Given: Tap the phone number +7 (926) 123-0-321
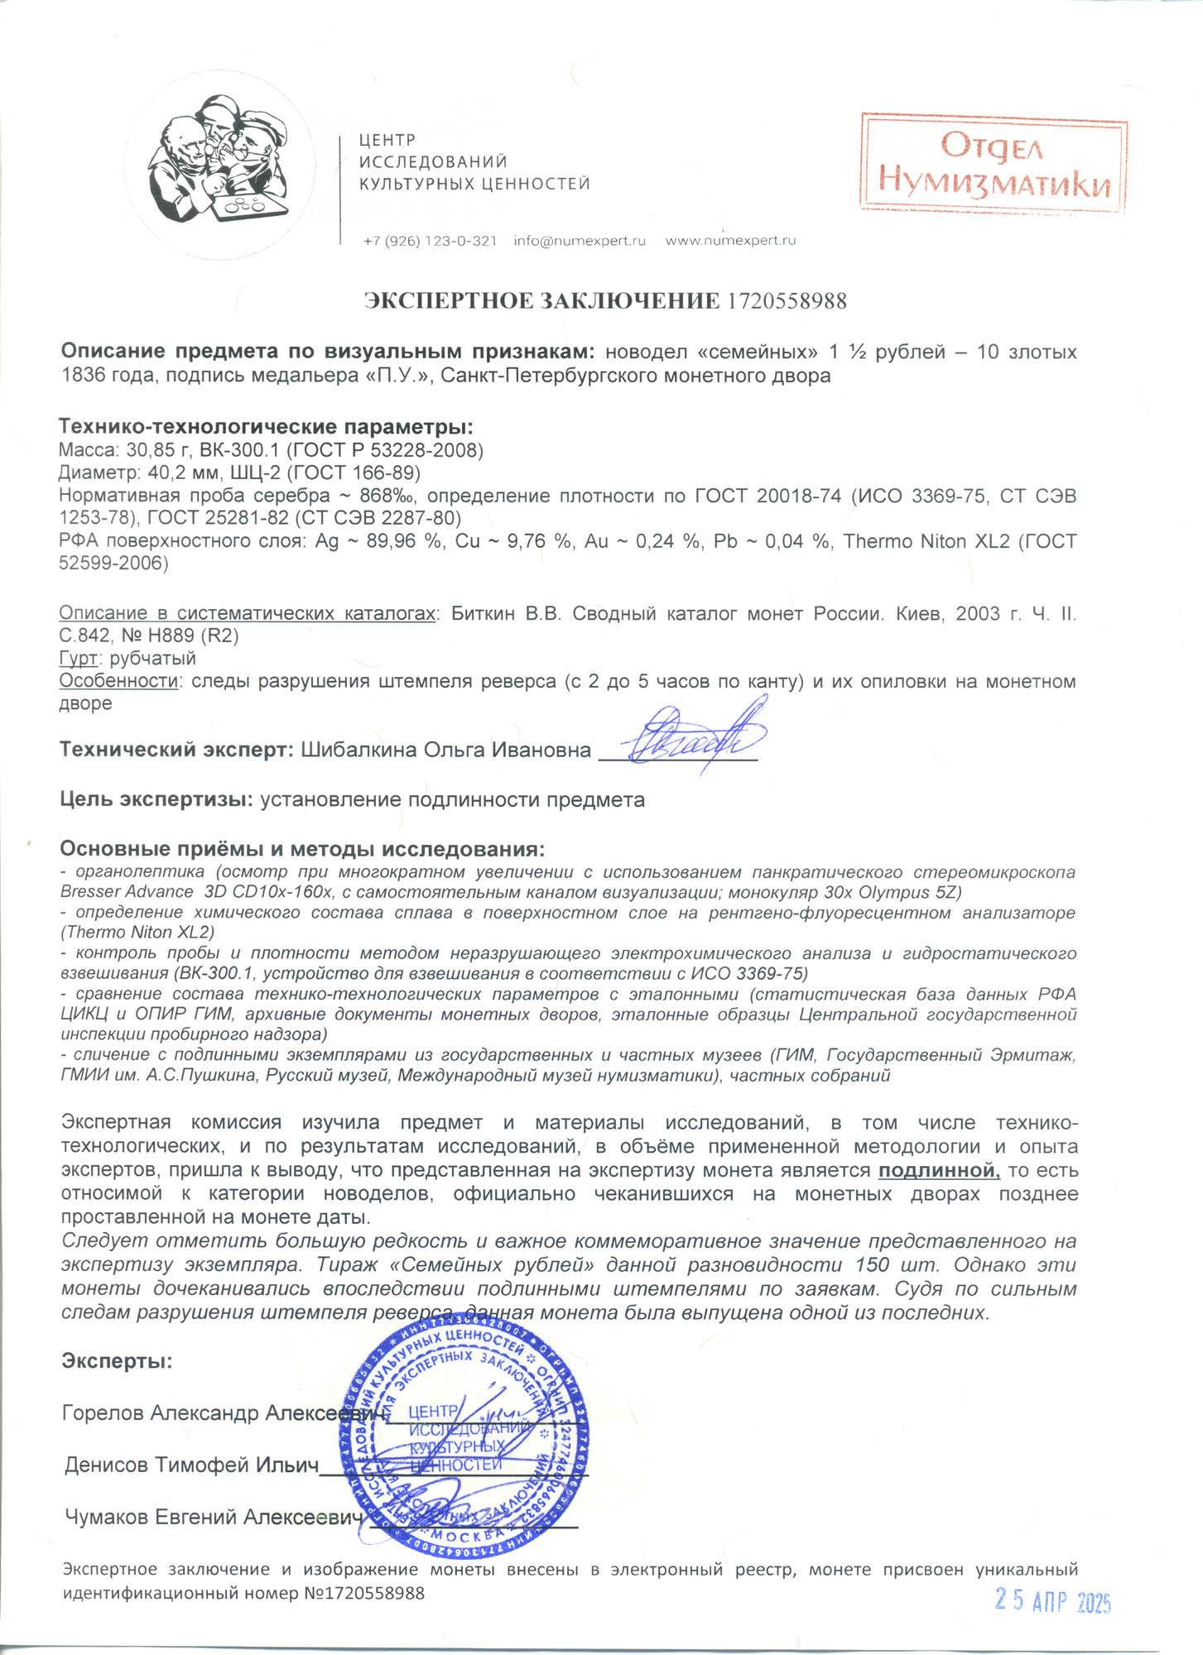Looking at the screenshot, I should coord(430,241).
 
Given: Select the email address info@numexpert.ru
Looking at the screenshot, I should coord(579,241).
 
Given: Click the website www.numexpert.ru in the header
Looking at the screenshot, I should coord(730,241).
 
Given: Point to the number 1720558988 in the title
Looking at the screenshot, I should coord(787,301).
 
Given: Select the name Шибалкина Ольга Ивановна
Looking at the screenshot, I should coord(445,750).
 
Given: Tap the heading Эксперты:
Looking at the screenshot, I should coord(117,1361).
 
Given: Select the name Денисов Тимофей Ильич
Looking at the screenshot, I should coord(191,1465).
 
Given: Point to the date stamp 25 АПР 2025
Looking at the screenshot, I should coord(1052,1601).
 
